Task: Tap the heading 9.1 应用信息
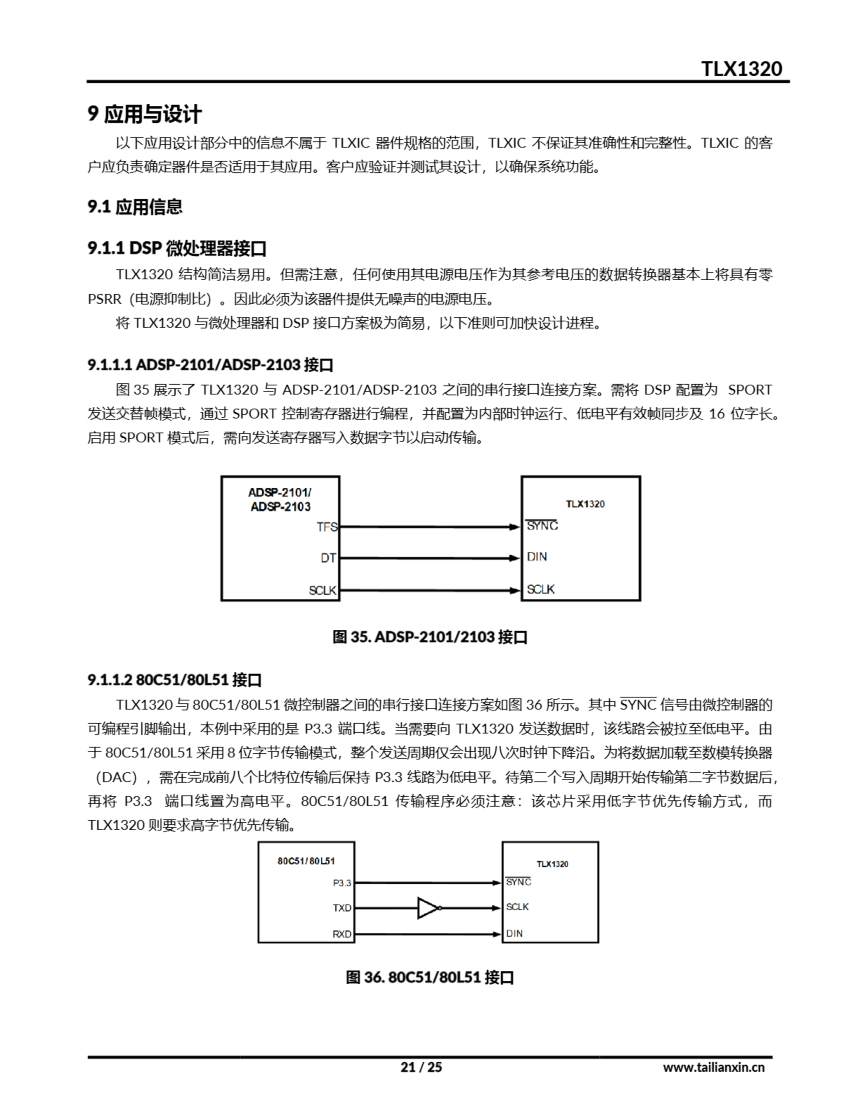135,207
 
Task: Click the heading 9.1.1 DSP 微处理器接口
177,248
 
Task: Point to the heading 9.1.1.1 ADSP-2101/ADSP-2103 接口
210,365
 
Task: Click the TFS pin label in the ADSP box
327,527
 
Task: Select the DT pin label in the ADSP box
328,558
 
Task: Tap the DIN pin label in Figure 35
537,557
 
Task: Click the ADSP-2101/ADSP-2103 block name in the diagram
280,500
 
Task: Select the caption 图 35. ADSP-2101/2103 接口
430,637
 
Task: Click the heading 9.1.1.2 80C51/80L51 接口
174,680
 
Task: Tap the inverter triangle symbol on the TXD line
428,908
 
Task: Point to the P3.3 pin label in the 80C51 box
342,883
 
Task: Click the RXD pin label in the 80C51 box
342,934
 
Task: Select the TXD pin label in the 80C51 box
342,908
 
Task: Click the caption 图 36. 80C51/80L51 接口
430,977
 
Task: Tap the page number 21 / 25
421,1067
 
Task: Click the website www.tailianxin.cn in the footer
713,1067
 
